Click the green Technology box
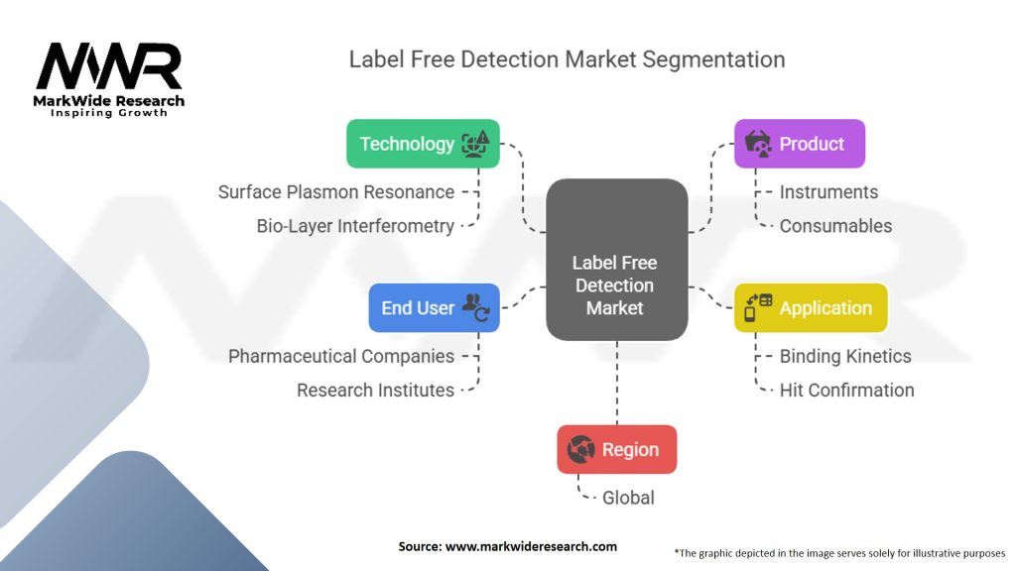click(423, 144)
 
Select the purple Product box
click(799, 144)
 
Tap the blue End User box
click(434, 307)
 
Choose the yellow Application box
click(811, 308)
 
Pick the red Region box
click(616, 449)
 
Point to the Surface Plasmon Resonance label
click(336, 192)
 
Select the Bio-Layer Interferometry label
click(355, 226)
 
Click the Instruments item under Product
click(828, 192)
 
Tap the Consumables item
click(835, 226)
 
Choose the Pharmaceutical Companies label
click(341, 356)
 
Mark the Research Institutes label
click(375, 391)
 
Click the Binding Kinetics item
click(845, 356)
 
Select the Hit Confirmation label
click(846, 390)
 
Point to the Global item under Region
click(628, 498)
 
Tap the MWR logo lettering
click(109, 67)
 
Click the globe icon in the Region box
click(580, 450)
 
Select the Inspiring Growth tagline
click(109, 113)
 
